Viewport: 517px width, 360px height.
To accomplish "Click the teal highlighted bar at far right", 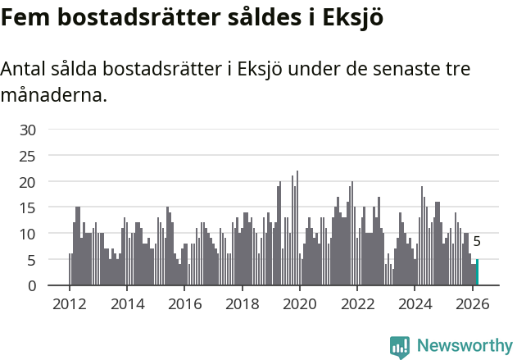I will [477, 273].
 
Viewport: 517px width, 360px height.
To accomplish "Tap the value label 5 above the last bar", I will [477, 242].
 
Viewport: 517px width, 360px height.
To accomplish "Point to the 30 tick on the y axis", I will [28, 130].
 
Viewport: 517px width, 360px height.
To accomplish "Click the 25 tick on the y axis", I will [28, 156].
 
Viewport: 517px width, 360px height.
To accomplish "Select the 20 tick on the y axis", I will [28, 182].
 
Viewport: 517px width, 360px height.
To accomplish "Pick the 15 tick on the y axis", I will [28, 207].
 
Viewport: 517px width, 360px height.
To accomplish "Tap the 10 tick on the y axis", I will [28, 234].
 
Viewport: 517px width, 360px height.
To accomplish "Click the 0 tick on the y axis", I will [32, 286].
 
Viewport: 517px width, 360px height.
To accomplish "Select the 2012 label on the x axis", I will [69, 303].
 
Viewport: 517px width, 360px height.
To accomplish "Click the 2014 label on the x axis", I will [126, 303].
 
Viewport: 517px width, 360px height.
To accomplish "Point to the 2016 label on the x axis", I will [184, 303].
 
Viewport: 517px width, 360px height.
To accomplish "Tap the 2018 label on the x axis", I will [242, 303].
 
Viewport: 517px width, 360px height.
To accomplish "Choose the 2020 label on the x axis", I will [299, 303].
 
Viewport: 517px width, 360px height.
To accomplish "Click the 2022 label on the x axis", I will [357, 303].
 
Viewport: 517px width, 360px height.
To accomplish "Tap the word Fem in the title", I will [22, 17].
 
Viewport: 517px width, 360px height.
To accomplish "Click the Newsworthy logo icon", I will [400, 347].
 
